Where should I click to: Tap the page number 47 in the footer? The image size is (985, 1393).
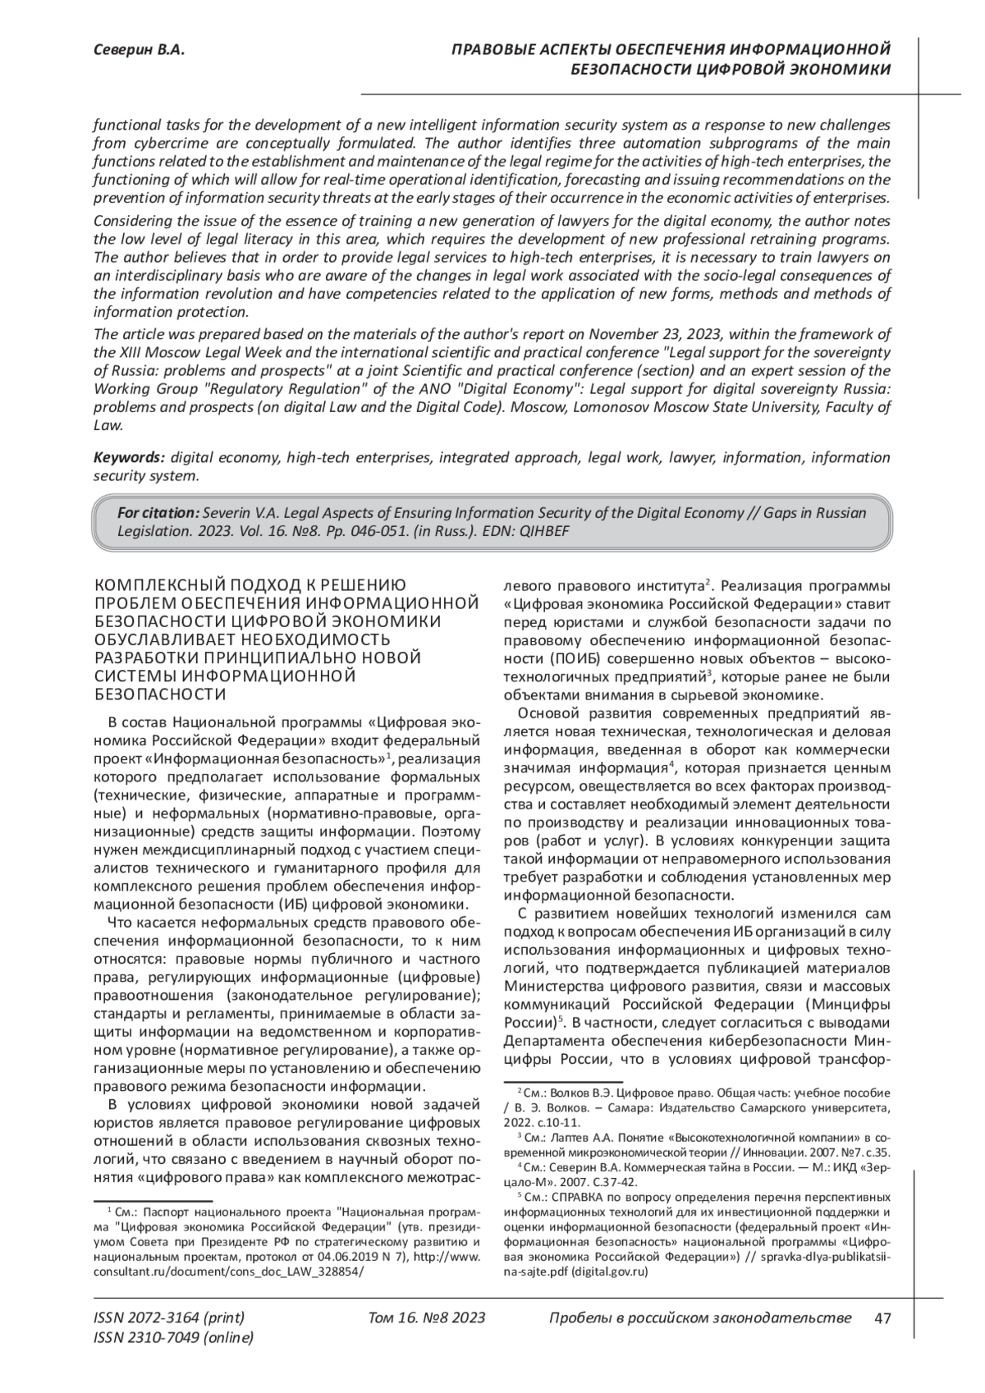point(883,1318)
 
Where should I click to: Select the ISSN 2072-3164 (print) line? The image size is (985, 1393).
point(169,1318)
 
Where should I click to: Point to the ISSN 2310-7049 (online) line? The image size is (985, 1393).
point(174,1338)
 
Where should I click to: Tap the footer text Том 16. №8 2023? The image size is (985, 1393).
point(427,1318)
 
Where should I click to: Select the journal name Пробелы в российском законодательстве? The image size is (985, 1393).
point(699,1318)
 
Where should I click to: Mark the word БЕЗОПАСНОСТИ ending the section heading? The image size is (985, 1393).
point(160,694)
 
